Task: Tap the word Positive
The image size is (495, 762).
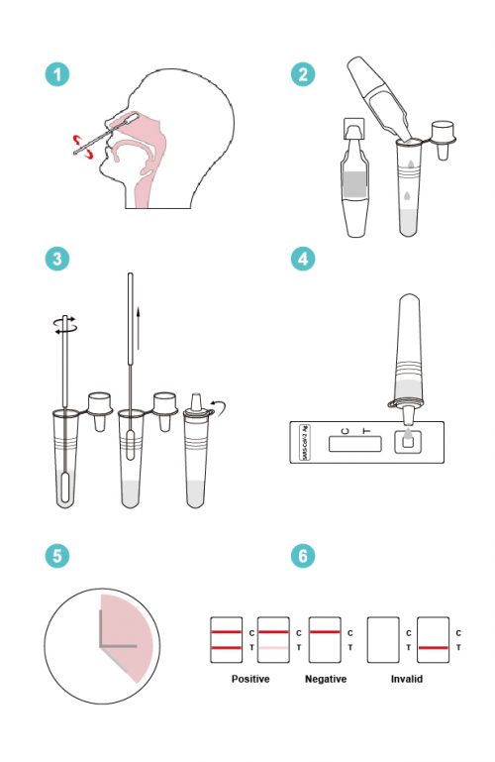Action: point(250,680)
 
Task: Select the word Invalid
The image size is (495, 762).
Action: point(408,680)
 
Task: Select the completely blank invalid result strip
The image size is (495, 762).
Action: point(382,640)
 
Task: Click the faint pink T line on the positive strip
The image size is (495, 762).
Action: point(273,649)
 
